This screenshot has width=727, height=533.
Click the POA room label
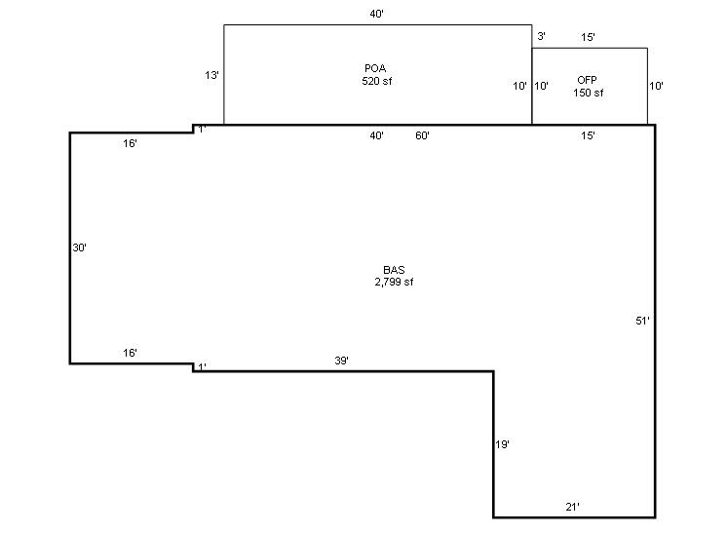(x=375, y=68)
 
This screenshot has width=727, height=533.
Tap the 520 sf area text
(x=376, y=81)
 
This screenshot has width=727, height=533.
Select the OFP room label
(x=587, y=80)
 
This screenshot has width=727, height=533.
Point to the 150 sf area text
(x=588, y=93)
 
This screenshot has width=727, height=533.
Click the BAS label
(x=394, y=270)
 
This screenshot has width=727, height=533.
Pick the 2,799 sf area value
(x=394, y=282)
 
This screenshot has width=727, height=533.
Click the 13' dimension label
(x=211, y=75)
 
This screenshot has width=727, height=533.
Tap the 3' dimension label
(x=541, y=36)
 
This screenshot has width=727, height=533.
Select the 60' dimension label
(x=422, y=135)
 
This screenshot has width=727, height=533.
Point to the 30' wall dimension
(x=79, y=247)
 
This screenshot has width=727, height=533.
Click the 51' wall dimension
(x=642, y=321)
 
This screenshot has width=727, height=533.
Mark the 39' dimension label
(x=342, y=361)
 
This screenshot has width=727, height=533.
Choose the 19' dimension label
(x=502, y=445)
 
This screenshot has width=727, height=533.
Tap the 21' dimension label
(x=573, y=507)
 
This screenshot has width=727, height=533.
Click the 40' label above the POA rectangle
(x=376, y=15)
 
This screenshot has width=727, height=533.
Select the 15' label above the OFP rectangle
(x=588, y=38)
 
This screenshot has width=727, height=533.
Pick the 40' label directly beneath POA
(x=376, y=135)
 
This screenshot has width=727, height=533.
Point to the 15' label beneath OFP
(x=588, y=135)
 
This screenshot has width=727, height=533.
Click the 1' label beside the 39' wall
(x=202, y=367)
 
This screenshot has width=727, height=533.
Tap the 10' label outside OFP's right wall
(x=656, y=86)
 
